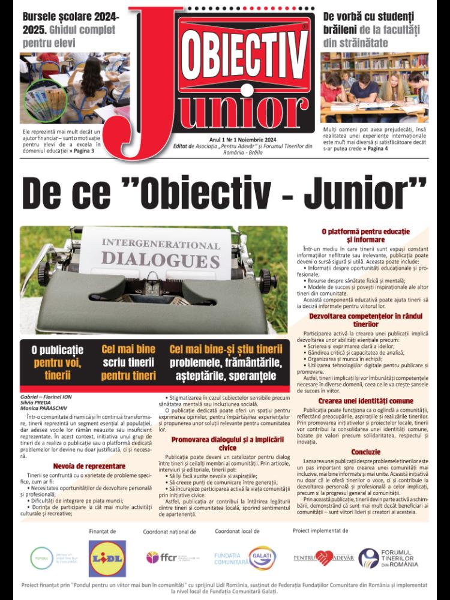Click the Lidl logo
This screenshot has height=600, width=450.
pos(107,557)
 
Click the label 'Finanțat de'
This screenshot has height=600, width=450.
pos(102,531)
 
